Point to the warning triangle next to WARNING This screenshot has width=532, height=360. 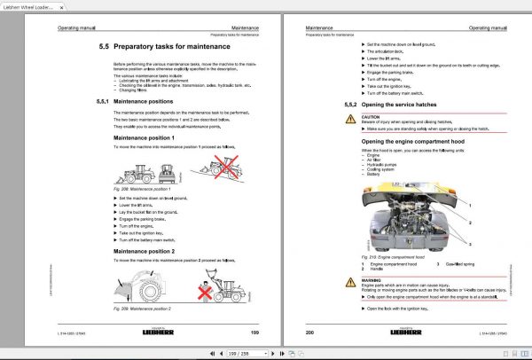pos(352,281)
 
